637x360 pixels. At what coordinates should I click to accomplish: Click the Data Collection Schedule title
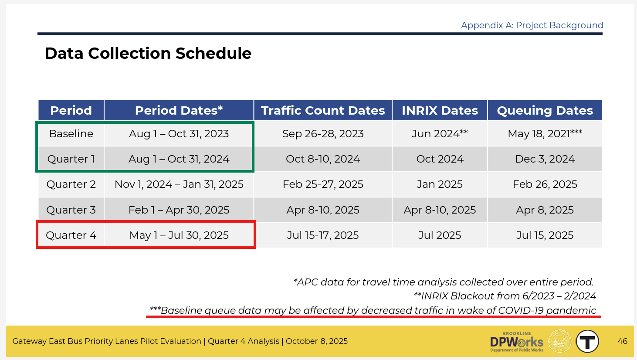point(148,54)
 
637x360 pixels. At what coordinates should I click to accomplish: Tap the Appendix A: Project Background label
point(532,25)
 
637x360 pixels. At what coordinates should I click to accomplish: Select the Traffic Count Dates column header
point(323,110)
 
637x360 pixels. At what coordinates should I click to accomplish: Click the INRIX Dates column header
point(440,110)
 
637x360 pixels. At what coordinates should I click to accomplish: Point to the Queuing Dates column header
point(545,110)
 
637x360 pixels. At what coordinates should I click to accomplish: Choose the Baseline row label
point(71,134)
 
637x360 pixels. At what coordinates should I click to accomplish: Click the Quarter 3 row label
point(71,210)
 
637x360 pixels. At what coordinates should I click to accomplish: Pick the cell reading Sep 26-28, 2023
point(323,134)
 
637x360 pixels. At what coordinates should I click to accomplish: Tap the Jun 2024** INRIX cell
point(440,133)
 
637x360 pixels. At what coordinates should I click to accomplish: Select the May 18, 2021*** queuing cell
point(545,133)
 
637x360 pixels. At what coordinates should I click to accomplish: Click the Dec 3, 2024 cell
point(545,159)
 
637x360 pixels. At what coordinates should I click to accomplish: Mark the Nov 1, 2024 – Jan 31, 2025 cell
point(179,184)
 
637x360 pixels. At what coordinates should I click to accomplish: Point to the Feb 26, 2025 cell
point(545,184)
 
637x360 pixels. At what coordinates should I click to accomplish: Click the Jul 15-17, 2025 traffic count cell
point(323,235)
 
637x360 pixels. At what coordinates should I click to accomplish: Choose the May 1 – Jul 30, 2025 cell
point(179,235)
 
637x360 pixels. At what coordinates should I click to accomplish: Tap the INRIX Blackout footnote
point(505,296)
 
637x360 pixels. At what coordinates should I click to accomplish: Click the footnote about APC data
point(444,282)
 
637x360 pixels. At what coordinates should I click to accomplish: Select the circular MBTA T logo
point(587,341)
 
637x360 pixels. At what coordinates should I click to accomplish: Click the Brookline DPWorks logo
point(517,342)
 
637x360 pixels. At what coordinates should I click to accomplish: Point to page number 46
point(623,341)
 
